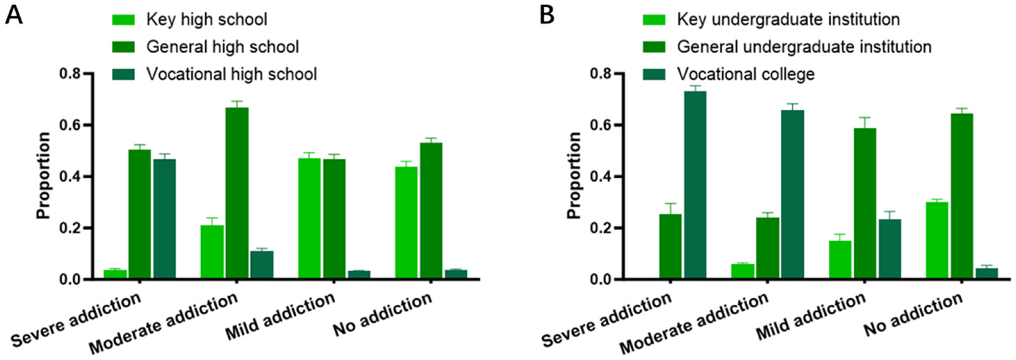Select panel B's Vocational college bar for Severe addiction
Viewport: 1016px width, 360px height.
tap(694, 185)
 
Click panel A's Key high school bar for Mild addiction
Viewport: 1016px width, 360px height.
tap(309, 219)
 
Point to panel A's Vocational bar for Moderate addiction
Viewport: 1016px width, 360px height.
tap(261, 265)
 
